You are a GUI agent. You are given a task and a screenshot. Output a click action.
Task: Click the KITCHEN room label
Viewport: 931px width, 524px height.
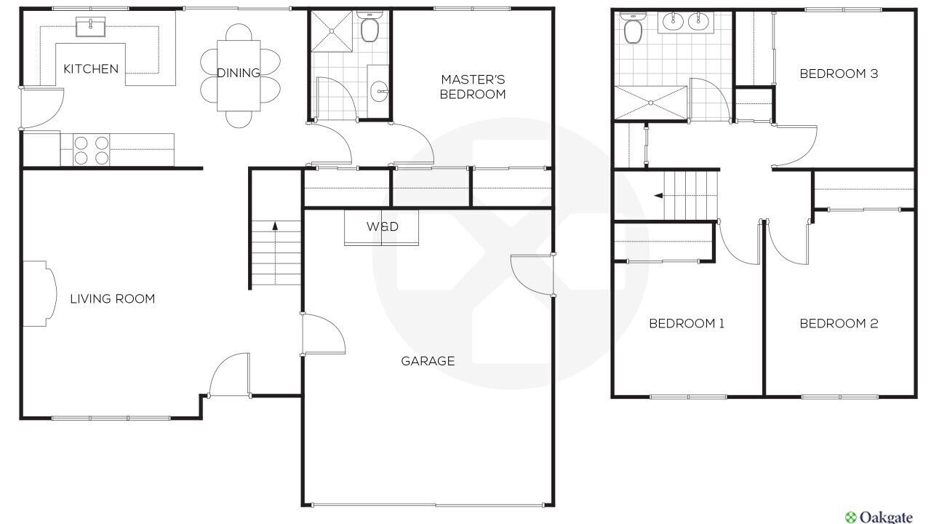point(91,68)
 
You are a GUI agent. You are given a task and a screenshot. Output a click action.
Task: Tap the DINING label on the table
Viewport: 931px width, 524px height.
point(239,73)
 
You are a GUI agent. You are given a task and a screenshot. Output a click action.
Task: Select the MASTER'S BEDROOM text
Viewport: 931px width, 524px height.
point(473,87)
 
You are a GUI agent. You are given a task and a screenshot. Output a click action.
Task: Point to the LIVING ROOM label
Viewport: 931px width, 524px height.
point(112,298)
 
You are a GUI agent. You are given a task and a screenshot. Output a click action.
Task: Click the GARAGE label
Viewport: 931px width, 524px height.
point(428,361)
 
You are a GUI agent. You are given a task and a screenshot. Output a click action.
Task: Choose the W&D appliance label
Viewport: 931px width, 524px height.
point(383,226)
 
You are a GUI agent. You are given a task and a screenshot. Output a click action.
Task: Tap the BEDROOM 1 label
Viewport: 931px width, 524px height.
point(687,323)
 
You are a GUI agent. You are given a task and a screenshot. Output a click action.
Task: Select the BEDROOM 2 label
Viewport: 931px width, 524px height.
point(839,323)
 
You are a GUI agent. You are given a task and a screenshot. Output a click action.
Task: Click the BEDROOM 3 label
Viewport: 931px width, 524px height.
point(839,74)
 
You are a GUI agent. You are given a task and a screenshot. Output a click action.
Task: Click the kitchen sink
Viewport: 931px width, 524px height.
point(91,27)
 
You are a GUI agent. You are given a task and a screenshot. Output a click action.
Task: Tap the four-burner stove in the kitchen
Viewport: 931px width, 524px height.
point(91,150)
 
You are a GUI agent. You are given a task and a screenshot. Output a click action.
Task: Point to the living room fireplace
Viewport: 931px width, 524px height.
point(39,293)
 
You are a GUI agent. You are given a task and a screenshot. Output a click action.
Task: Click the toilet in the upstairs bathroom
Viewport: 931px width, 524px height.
point(633,28)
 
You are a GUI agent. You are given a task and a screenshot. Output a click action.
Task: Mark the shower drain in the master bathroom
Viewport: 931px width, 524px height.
point(332,31)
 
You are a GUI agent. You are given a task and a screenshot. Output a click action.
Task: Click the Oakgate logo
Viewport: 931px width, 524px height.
point(879,517)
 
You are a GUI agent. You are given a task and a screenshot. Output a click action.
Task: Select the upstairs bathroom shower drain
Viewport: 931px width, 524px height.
point(651,103)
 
